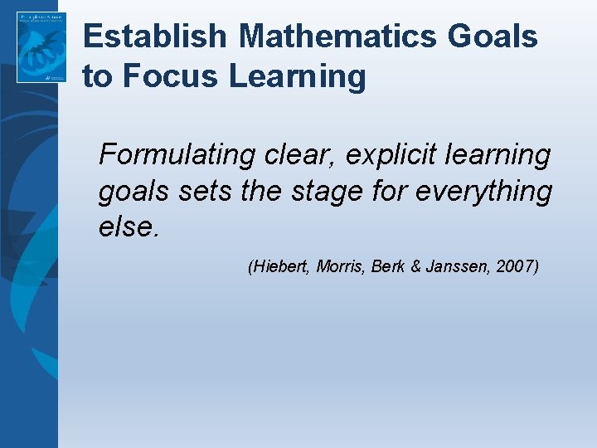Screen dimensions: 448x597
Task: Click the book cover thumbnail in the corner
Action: [41, 46]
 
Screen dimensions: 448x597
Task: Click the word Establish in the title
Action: [154, 37]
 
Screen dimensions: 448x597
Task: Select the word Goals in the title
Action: [502, 37]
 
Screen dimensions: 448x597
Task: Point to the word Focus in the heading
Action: [170, 76]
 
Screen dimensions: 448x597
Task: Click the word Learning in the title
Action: [297, 76]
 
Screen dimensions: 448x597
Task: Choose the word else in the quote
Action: [126, 227]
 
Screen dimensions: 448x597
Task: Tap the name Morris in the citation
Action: [342, 267]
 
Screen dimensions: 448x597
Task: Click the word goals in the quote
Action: [133, 192]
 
